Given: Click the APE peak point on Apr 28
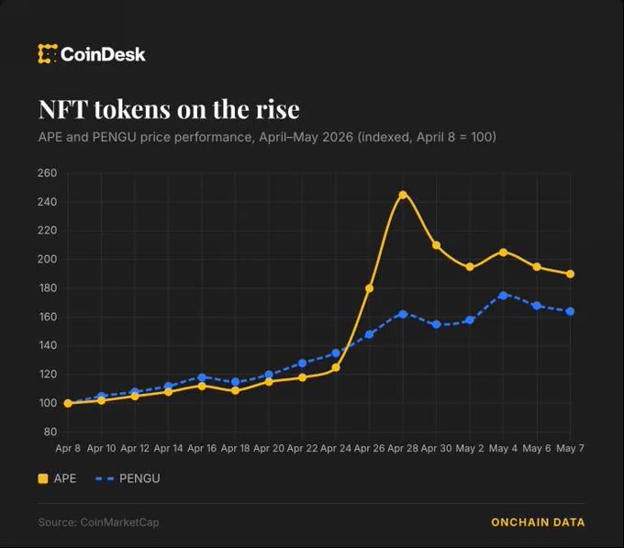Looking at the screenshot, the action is pos(403,195).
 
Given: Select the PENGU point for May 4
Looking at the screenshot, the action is pos(503,296).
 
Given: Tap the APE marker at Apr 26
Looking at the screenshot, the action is pos(369,288).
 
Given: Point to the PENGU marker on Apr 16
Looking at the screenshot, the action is pos(202,377).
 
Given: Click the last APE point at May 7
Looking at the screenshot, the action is pos(570,274).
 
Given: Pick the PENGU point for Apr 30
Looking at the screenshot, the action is pos(436,324).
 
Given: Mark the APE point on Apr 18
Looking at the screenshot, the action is pos(235,390).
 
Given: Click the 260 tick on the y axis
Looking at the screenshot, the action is pos(48,173).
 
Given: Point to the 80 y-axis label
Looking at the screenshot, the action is pos(50,431).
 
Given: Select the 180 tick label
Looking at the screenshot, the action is pos(48,287).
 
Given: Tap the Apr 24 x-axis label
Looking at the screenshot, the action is pos(336,448).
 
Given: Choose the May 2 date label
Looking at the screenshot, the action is pos(470,448).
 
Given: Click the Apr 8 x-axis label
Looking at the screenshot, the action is pos(68,448).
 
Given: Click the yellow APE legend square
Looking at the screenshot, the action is pos(43,478).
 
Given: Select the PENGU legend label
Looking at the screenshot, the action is pos(139,478).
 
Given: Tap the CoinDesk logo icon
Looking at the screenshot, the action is pos(48,54).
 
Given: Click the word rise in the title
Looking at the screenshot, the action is pos(277,109).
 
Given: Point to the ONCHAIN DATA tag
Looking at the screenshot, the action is pos(538,522).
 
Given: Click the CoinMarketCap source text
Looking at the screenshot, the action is pos(119,522).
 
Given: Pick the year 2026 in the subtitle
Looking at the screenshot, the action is pos(338,137).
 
